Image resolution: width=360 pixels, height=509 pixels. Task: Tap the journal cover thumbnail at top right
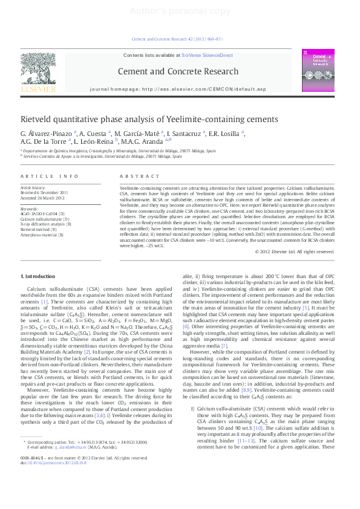(319, 71)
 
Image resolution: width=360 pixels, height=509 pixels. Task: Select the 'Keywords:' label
(30, 209)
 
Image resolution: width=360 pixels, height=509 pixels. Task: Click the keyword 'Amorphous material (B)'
(45, 233)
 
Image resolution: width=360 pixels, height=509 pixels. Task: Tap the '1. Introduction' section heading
(42, 276)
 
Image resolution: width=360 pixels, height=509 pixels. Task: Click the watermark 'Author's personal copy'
(180, 11)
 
